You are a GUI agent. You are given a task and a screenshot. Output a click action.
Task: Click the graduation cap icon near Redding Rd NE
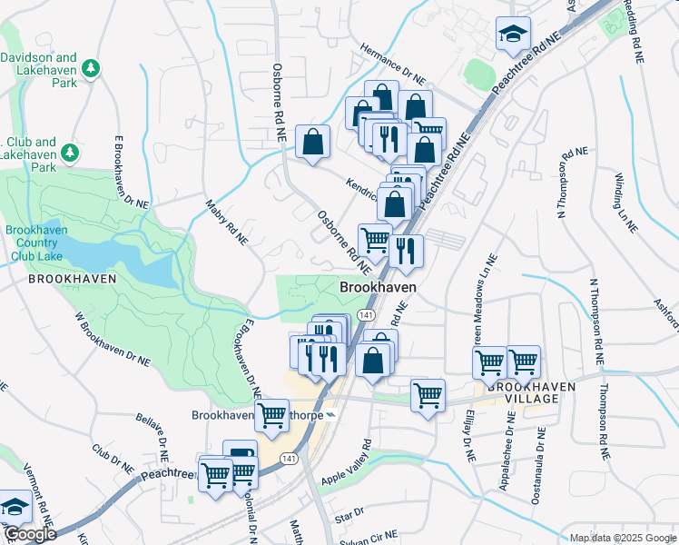(x=513, y=34)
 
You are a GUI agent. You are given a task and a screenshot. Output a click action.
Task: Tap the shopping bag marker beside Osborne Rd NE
(x=312, y=142)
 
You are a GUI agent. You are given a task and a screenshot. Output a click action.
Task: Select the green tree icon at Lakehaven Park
(x=90, y=68)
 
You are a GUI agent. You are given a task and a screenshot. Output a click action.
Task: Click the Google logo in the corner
(x=29, y=534)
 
